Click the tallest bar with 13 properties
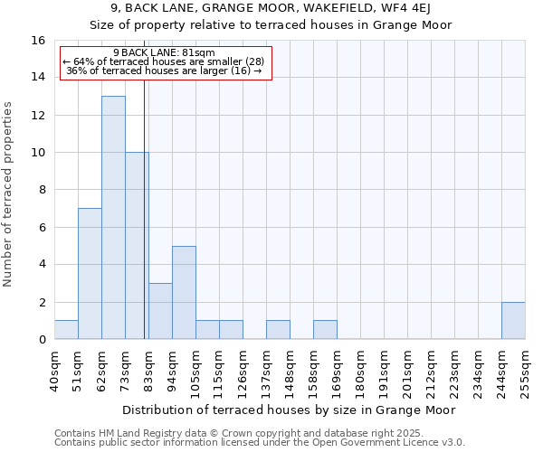click(x=113, y=217)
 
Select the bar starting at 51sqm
click(x=90, y=273)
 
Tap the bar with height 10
click(x=137, y=245)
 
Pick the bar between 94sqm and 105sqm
click(x=184, y=292)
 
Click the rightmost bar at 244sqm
click(x=513, y=320)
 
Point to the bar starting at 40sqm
click(x=66, y=330)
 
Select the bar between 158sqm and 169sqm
click(x=325, y=330)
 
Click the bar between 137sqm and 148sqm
click(x=278, y=330)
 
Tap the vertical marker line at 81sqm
click(x=144, y=208)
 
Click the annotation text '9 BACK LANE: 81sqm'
click(x=165, y=52)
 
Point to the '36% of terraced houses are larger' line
click(x=165, y=71)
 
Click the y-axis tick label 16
click(x=38, y=41)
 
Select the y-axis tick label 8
click(x=42, y=190)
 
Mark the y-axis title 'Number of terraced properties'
click(x=9, y=193)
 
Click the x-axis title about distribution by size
click(x=289, y=410)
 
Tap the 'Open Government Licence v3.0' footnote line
click(x=260, y=443)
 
